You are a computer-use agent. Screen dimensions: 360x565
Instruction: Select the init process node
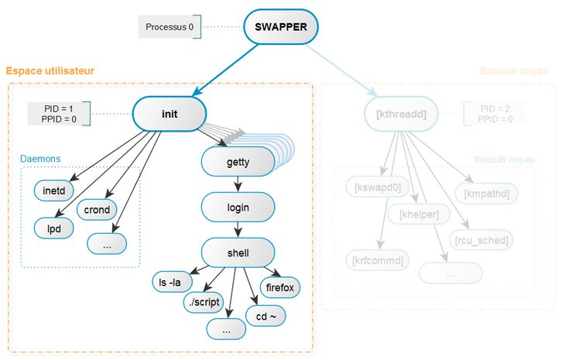click(169, 114)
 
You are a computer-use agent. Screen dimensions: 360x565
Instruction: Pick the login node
click(238, 208)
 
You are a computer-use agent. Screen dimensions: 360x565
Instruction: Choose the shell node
click(238, 252)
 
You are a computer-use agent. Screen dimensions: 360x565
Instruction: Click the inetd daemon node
click(53, 190)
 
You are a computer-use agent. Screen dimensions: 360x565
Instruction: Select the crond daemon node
click(97, 209)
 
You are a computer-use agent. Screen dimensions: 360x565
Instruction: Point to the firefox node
click(280, 287)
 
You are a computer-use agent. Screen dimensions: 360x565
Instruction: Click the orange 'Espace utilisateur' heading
click(50, 70)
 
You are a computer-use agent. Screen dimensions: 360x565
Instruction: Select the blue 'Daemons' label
click(40, 159)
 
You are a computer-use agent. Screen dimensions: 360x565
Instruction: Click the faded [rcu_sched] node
click(482, 241)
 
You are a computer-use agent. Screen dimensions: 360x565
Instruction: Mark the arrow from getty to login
click(238, 185)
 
